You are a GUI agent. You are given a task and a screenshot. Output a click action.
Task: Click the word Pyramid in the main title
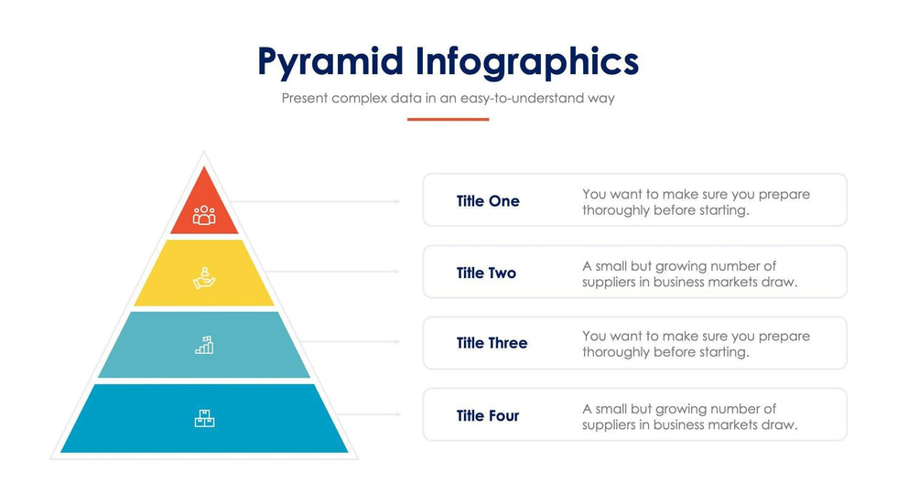pyautogui.click(x=330, y=61)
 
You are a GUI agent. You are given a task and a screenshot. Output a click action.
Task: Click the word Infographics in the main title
pyautogui.click(x=527, y=61)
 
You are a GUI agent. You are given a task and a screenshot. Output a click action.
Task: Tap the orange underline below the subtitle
pyautogui.click(x=448, y=120)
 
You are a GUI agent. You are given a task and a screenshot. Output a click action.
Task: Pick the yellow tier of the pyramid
pyautogui.click(x=204, y=273)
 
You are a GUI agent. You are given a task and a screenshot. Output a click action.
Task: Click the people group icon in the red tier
pyautogui.click(x=204, y=216)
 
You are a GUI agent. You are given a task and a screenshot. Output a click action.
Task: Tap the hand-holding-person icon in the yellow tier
pyautogui.click(x=204, y=278)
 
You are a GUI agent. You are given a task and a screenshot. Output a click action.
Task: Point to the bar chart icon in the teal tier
pyautogui.click(x=204, y=345)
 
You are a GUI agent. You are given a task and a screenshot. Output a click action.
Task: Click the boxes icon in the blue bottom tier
pyautogui.click(x=204, y=418)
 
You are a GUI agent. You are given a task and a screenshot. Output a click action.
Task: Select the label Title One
pyautogui.click(x=488, y=201)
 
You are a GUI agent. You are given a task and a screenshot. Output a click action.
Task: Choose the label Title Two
pyautogui.click(x=486, y=273)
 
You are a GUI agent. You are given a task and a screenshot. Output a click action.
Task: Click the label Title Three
pyautogui.click(x=492, y=343)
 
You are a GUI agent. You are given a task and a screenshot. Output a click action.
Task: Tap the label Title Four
pyautogui.click(x=488, y=415)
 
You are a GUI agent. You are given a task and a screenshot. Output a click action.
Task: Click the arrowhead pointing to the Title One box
pyautogui.click(x=397, y=201)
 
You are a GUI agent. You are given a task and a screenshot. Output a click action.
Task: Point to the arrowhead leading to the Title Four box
pyautogui.click(x=397, y=414)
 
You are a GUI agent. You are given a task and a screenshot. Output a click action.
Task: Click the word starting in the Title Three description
pyautogui.click(x=721, y=352)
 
